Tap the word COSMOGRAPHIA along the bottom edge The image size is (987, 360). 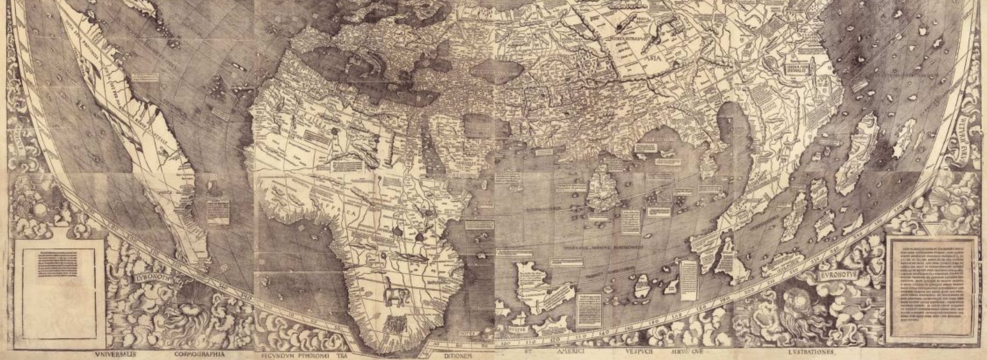tap(200, 354)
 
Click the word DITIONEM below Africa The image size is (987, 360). tap(454, 355)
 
